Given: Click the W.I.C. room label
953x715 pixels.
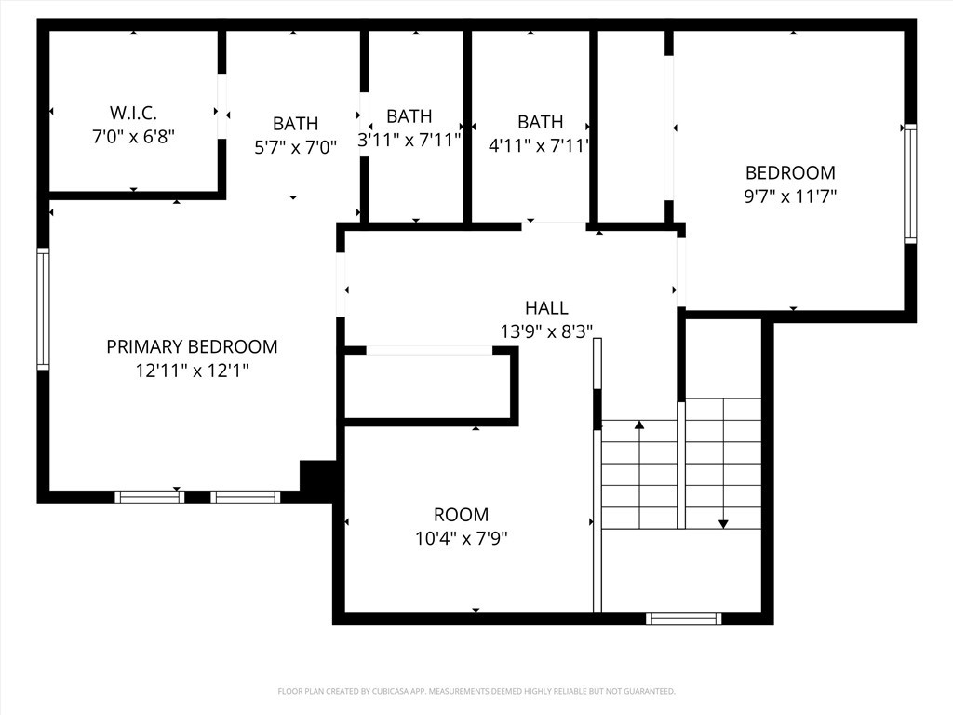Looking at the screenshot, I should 133,113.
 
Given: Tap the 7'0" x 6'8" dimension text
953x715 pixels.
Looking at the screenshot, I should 133,136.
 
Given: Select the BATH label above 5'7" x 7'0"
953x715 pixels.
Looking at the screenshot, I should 295,123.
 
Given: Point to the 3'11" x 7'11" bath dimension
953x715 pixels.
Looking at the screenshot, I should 409,141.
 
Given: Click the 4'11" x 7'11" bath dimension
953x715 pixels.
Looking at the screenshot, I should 540,145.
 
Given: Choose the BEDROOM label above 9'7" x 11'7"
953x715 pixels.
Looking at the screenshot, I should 790,172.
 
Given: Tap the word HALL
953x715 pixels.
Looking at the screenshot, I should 546,308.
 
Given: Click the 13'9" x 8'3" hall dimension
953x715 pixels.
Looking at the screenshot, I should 546,331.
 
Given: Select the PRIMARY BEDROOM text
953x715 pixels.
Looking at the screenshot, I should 192,346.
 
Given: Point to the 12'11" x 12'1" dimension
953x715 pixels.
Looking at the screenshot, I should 192,370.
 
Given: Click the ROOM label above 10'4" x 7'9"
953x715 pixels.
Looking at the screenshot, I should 461,515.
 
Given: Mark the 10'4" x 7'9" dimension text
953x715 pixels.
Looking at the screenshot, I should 461,537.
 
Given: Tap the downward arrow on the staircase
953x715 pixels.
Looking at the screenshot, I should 723,523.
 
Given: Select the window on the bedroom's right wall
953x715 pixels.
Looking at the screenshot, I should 910,183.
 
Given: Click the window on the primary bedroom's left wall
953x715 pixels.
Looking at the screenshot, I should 43,309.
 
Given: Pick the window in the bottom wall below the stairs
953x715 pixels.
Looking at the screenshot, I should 684,617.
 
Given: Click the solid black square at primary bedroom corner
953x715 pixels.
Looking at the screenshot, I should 316,476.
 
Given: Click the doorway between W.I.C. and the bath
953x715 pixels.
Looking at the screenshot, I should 221,107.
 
